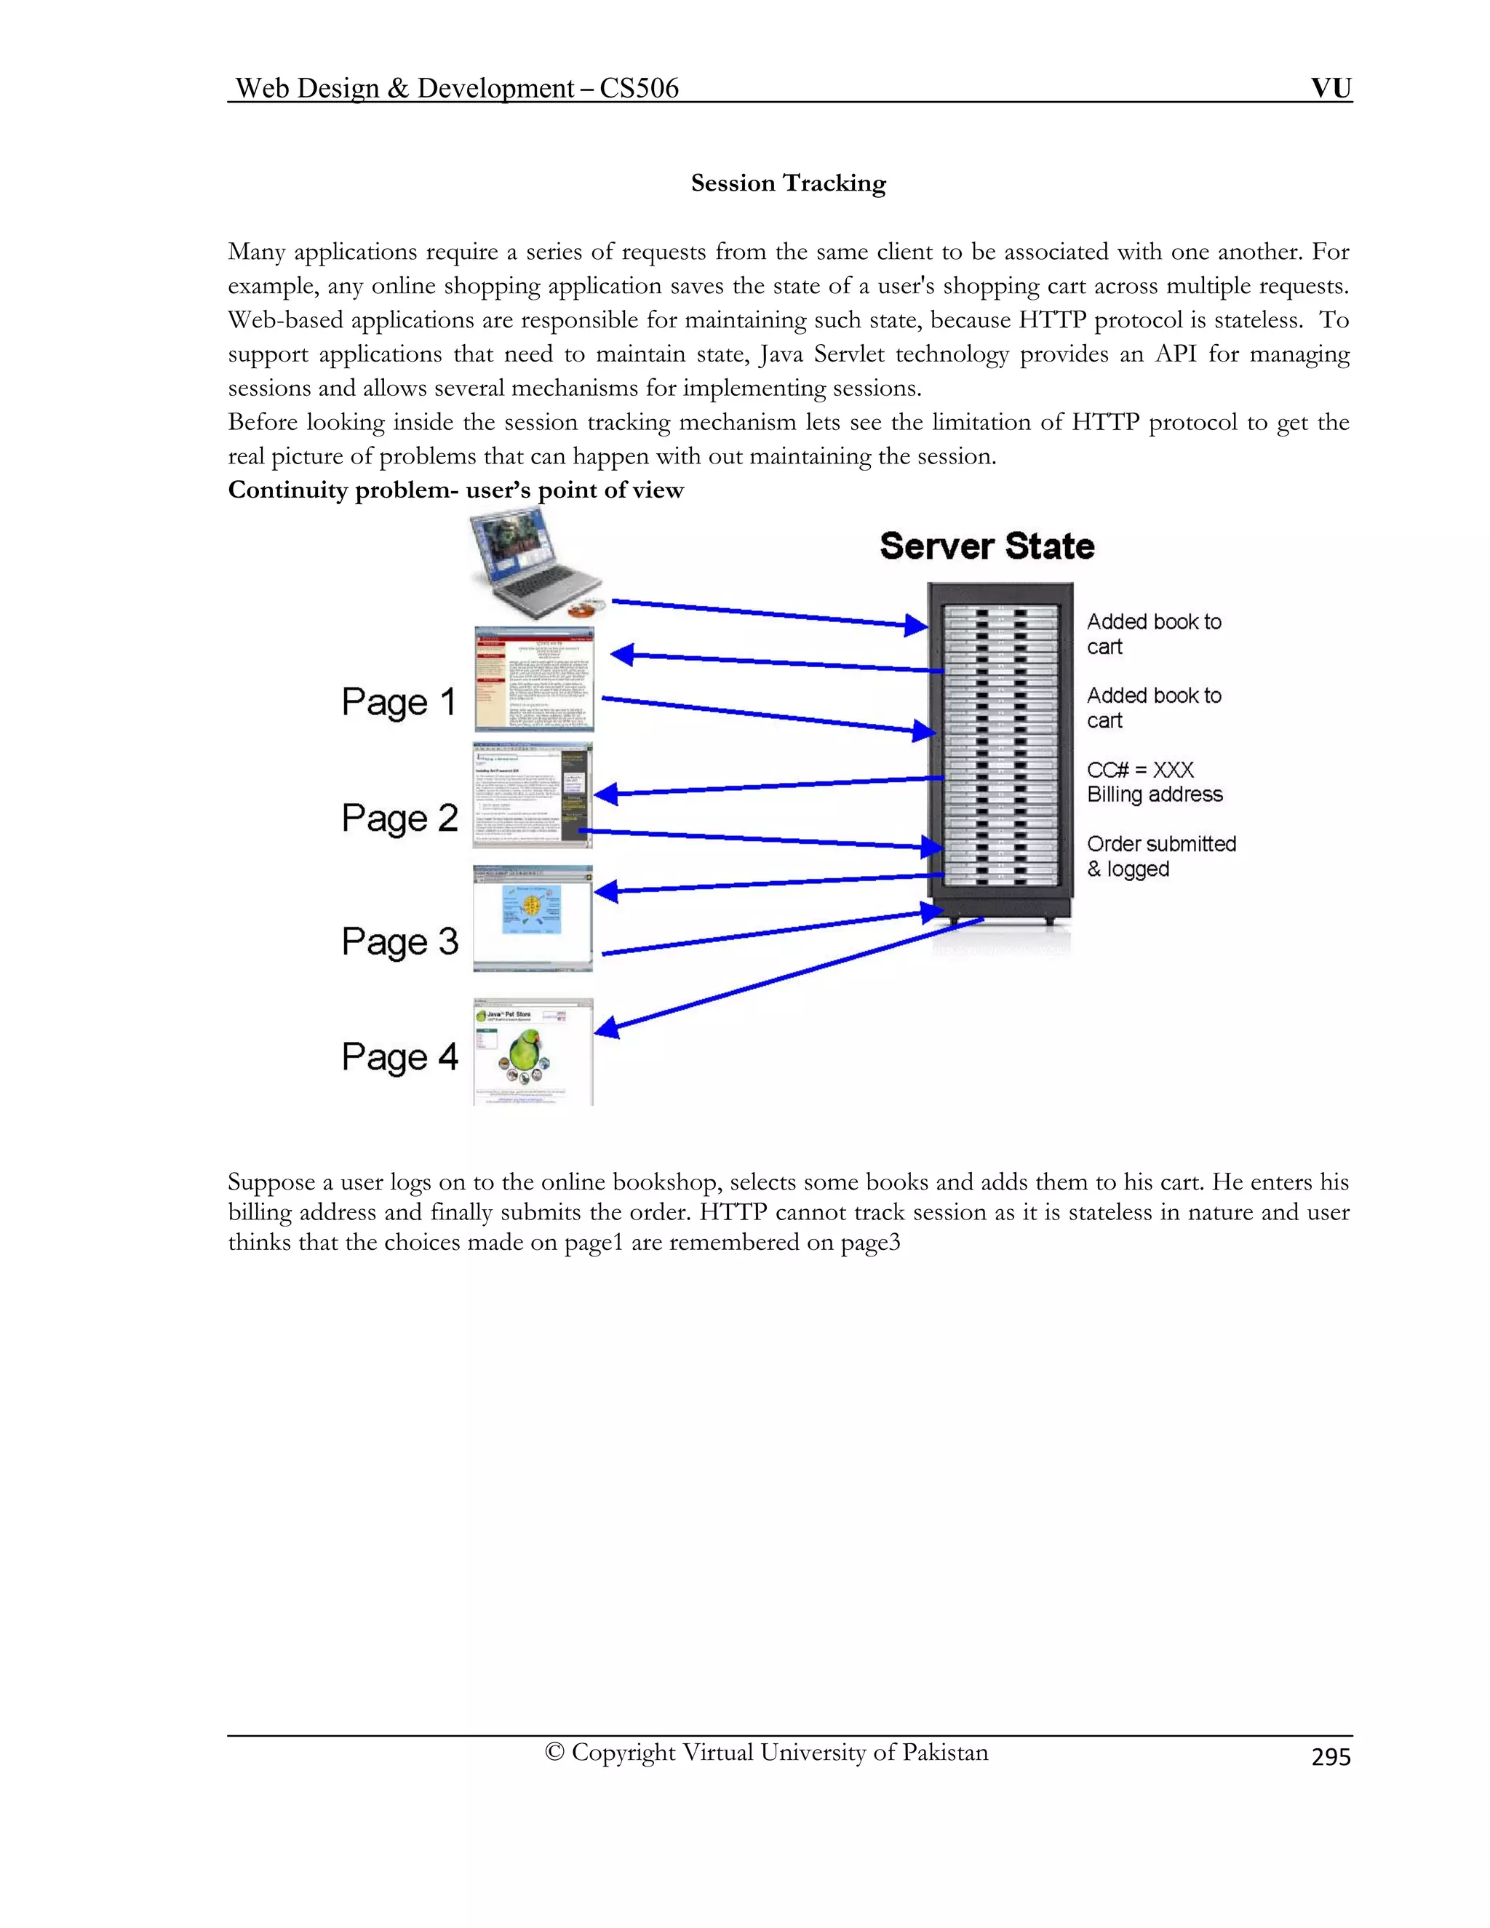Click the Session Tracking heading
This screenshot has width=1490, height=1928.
[787, 183]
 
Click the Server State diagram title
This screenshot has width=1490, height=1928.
[987, 546]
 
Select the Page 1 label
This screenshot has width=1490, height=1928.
[399, 703]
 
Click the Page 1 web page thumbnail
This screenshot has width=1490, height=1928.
[534, 680]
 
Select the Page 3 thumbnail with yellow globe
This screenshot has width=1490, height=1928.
[533, 918]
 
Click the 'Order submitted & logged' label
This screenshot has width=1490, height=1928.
[1160, 856]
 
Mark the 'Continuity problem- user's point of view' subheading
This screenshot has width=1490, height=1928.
[455, 491]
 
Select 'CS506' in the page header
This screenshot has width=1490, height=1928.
[639, 88]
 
